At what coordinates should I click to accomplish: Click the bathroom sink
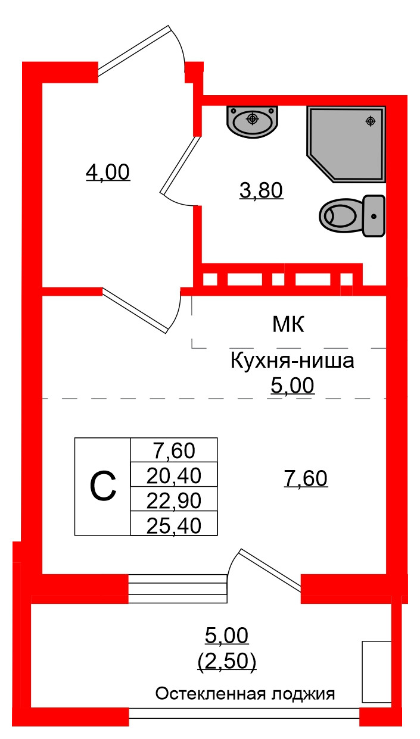point(252,121)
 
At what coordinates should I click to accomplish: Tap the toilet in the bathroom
point(351,215)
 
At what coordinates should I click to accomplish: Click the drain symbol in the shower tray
point(371,121)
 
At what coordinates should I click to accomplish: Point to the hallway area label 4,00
point(108,173)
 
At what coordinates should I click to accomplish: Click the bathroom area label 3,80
point(261,191)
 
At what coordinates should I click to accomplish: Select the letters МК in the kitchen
point(288,325)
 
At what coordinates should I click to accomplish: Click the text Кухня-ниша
point(292,361)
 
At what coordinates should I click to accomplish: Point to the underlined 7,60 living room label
point(306,478)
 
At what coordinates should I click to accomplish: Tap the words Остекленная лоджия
point(245,694)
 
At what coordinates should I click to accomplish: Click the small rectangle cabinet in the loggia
point(377,671)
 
